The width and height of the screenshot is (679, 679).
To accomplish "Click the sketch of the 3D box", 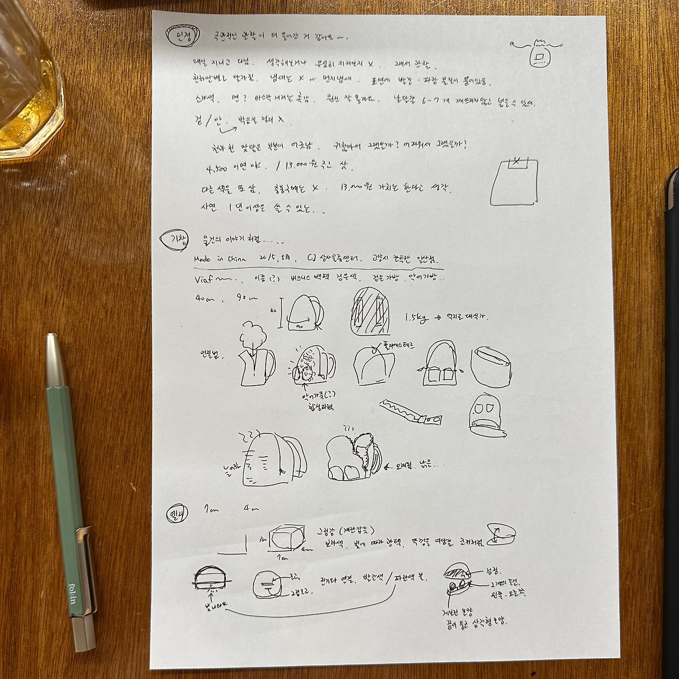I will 288,540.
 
